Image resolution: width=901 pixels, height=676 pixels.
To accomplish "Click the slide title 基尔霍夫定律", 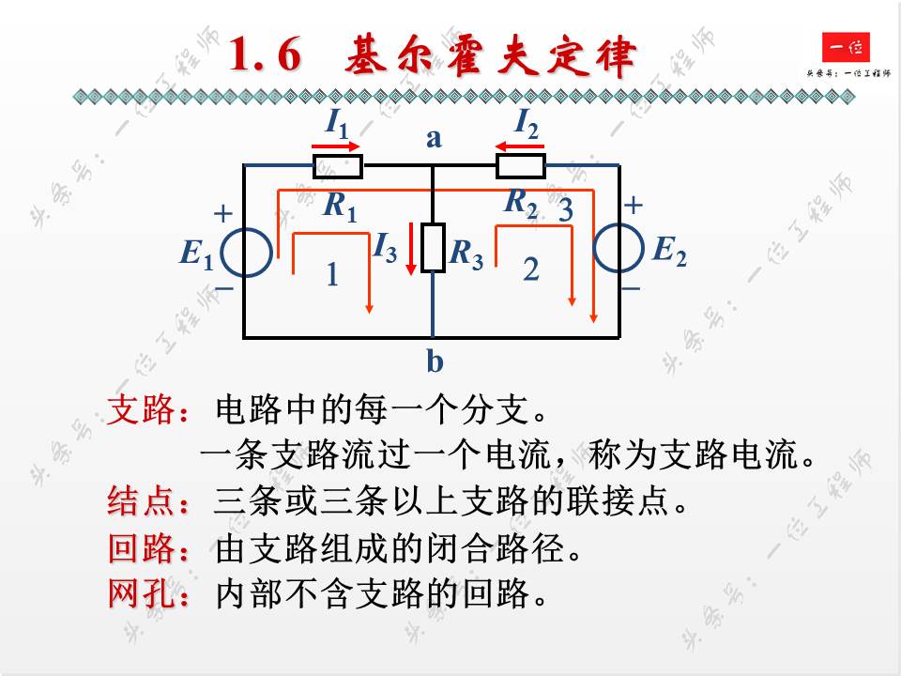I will click(431, 57).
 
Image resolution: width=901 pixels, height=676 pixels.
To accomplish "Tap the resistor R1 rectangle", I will click(337, 166).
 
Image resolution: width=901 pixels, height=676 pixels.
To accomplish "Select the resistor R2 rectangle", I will click(520, 166).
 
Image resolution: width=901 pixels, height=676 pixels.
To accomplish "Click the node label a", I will click(434, 139).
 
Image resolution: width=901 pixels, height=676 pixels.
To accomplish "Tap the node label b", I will click(435, 361).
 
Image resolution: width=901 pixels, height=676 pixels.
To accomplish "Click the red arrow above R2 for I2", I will click(519, 146).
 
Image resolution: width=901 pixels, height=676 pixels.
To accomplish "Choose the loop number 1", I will click(331, 275).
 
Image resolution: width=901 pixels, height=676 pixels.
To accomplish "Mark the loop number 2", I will click(531, 270).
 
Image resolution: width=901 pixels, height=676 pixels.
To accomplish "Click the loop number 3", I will click(565, 211).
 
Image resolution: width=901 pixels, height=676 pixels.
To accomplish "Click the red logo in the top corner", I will click(846, 48).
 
